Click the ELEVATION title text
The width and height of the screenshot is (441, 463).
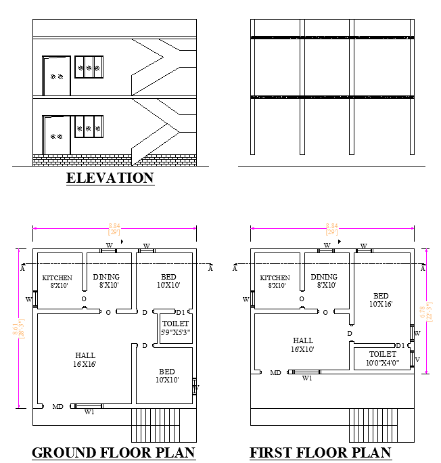coord(110,178)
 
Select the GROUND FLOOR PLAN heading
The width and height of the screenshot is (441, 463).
coord(114,453)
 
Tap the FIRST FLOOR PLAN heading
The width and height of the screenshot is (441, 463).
coord(320,453)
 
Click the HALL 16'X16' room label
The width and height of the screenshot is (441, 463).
coord(85,359)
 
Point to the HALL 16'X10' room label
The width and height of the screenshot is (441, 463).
coord(303,345)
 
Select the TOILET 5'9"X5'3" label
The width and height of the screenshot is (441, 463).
coord(176,328)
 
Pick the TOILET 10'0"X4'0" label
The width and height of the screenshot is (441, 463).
coord(383,358)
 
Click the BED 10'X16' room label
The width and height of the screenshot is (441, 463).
coord(381,300)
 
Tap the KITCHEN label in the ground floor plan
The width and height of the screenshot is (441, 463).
coord(57,282)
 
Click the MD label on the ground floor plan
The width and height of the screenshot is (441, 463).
coord(58,406)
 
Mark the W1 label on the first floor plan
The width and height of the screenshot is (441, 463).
coord(307,378)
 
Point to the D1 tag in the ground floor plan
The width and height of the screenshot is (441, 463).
coord(180,312)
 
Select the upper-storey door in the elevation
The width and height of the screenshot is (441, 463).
coord(55,76)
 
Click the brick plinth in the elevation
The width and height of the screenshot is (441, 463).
coord(81,160)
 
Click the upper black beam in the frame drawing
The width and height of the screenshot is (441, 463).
coord(331,37)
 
